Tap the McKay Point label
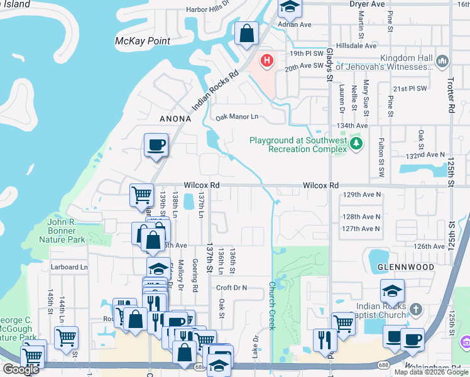tap(143, 41)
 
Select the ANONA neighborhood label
tap(167, 118)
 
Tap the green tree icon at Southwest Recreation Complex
tap(357, 144)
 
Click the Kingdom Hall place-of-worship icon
tap(443, 61)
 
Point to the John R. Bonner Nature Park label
tap(66, 230)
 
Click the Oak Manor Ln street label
tap(237, 117)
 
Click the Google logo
tap(21, 369)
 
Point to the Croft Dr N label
tap(232, 287)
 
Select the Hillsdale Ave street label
tap(356, 46)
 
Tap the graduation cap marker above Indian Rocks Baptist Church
tap(392, 291)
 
